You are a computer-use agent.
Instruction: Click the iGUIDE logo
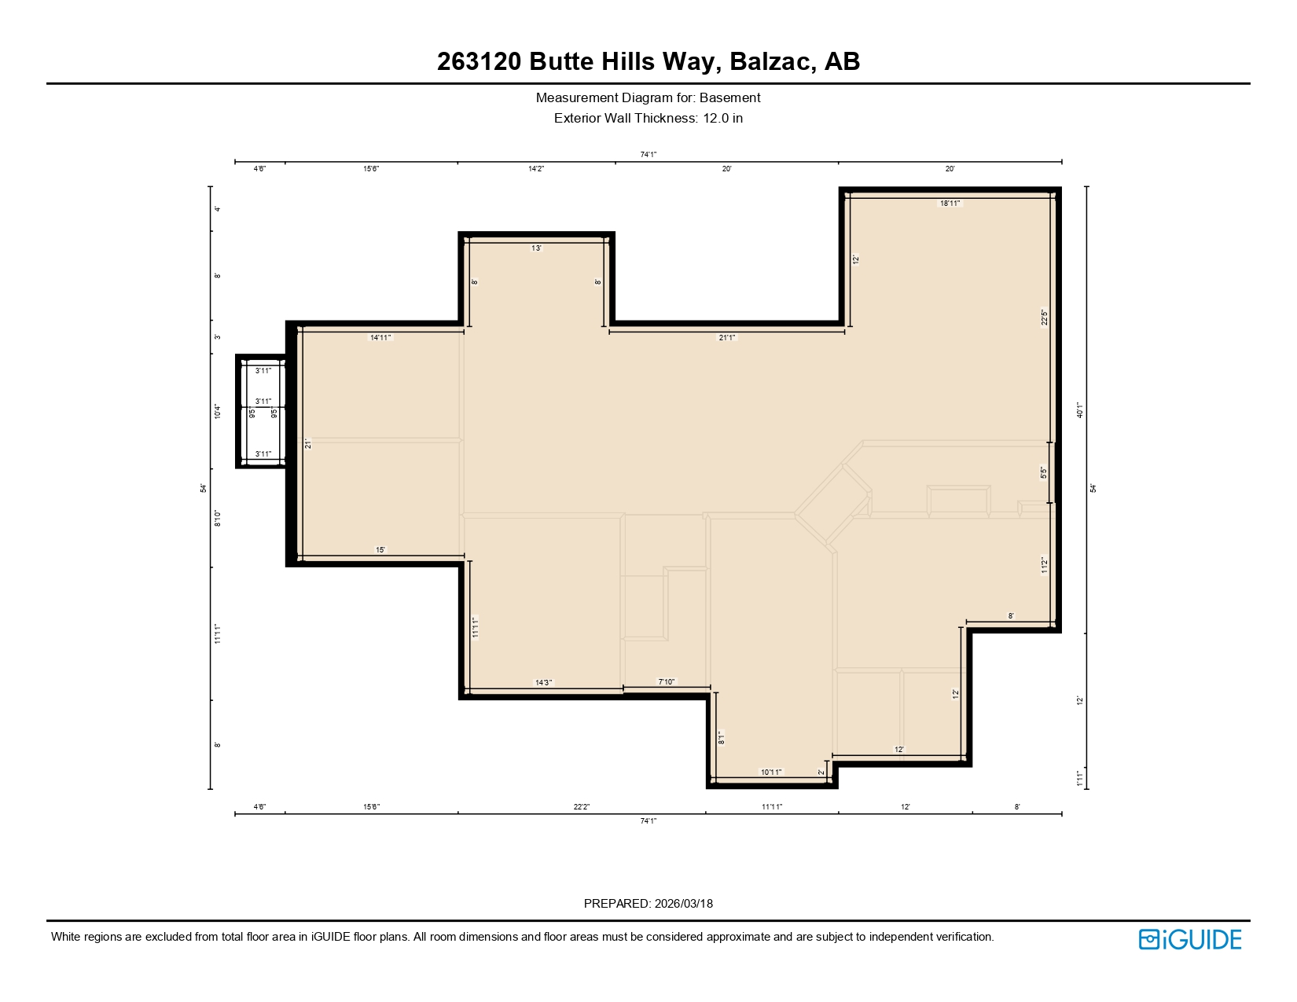pos(1189,939)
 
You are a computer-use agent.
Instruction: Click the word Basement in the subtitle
pos(729,97)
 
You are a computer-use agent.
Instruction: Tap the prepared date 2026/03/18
pos(683,903)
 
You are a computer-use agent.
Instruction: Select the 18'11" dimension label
pos(950,204)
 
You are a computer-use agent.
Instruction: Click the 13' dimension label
pos(536,248)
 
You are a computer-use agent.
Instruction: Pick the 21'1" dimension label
pos(727,338)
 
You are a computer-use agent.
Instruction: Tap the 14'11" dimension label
pos(380,338)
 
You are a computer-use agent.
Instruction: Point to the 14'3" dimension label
pos(543,682)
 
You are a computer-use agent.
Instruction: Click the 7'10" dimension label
pos(666,682)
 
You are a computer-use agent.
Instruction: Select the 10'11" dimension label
pos(771,772)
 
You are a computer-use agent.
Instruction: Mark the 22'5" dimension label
pos(1045,317)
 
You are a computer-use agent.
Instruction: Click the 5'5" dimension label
pos(1044,473)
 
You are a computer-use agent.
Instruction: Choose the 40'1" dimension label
pos(1081,410)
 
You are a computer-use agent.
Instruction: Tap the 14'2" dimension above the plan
pos(536,169)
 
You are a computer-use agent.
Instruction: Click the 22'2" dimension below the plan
pos(581,807)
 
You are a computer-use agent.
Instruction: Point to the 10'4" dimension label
pos(218,411)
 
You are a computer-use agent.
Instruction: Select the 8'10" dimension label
pos(218,518)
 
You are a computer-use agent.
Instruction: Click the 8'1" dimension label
pos(720,738)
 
